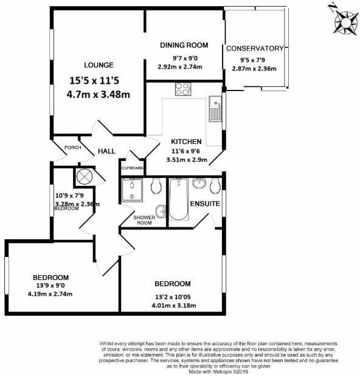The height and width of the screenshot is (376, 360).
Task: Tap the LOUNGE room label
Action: pos(99,65)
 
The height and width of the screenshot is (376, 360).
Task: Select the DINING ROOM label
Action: pos(184,46)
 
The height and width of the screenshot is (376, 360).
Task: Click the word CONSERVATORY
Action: pos(255,48)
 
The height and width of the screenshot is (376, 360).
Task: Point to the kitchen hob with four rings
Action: pos(182,89)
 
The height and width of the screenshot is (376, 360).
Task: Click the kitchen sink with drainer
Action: pos(215,109)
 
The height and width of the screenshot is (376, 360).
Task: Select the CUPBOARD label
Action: pos(132,168)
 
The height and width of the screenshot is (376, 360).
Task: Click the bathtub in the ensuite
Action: pos(179,200)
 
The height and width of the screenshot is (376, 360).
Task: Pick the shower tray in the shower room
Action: pos(132,190)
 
